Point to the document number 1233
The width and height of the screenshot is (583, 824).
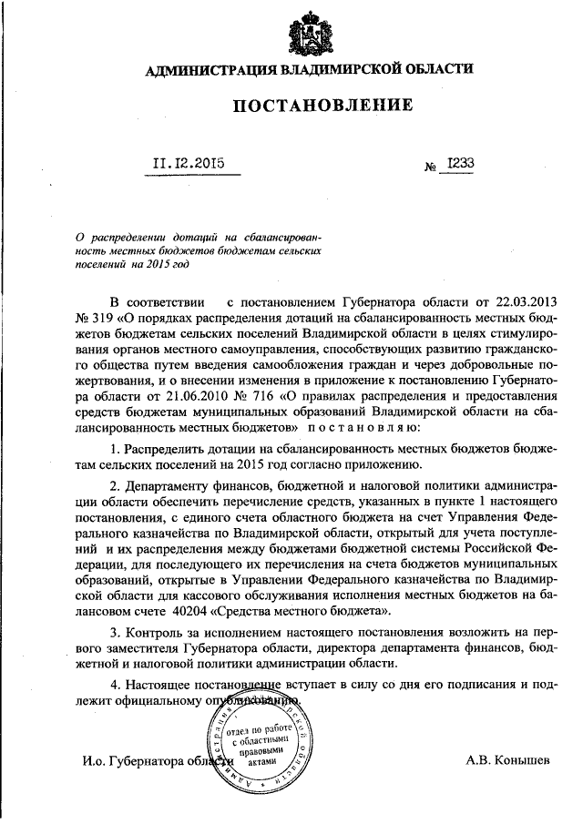pos(460,164)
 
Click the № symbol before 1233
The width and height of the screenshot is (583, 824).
pos(430,168)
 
